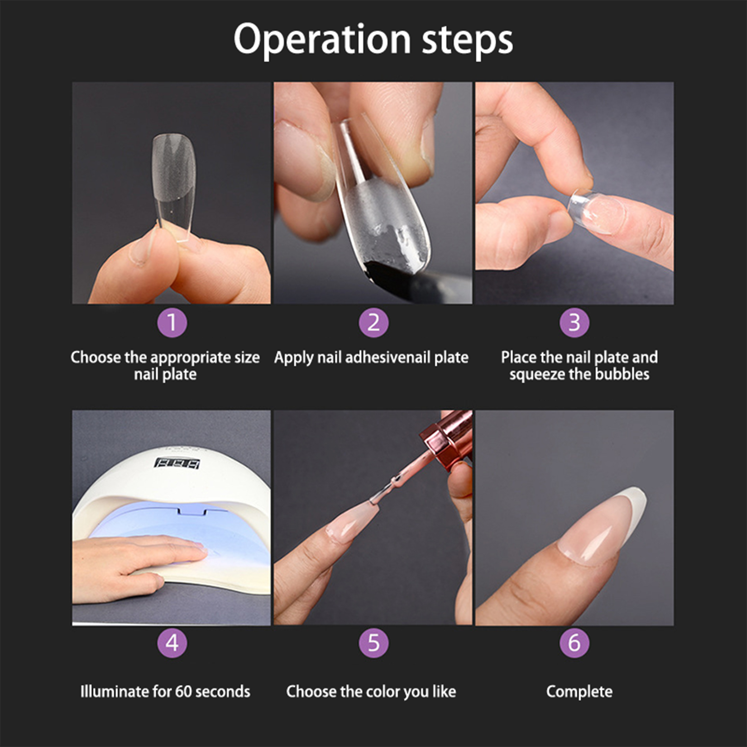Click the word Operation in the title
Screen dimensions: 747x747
[322, 40]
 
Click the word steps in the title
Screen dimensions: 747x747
[467, 40]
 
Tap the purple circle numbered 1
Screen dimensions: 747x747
[172, 323]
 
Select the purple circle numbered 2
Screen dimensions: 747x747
[373, 323]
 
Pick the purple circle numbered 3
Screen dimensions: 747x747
[574, 323]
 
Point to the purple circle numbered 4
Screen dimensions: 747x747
[172, 643]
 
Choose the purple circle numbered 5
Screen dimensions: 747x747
[373, 643]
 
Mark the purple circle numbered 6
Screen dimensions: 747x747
[574, 643]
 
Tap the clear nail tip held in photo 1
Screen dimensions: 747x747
[174, 187]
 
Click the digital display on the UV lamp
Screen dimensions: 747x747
[177, 464]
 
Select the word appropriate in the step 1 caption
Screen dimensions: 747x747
[189, 358]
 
